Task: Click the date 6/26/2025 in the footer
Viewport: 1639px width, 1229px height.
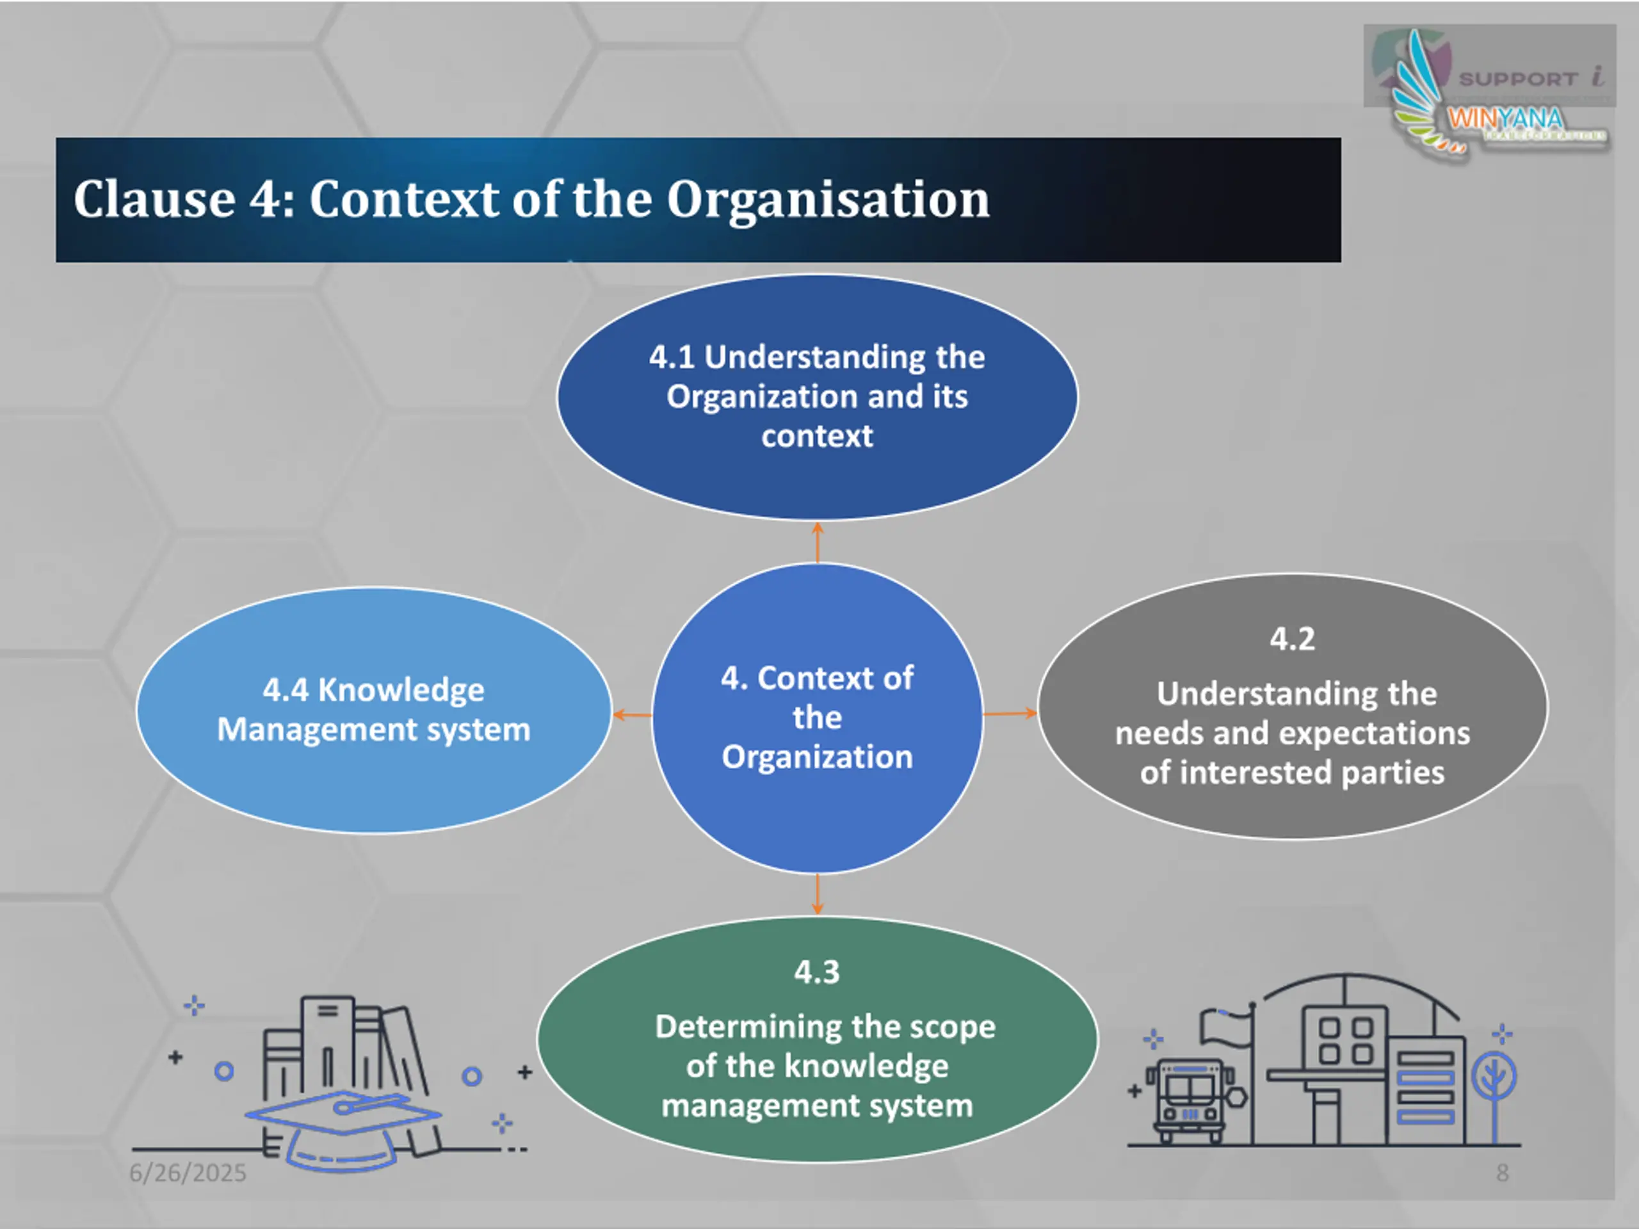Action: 188,1173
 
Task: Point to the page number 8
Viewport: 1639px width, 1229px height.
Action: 1502,1173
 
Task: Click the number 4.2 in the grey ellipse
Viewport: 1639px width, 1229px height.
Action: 1292,639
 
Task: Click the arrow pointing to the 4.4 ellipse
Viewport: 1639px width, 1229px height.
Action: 632,715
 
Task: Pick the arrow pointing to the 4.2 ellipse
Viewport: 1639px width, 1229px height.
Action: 1010,714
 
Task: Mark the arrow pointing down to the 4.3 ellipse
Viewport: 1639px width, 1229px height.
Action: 818,895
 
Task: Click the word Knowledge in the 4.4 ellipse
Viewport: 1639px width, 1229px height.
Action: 401,691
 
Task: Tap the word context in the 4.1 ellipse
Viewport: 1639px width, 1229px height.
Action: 818,437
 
